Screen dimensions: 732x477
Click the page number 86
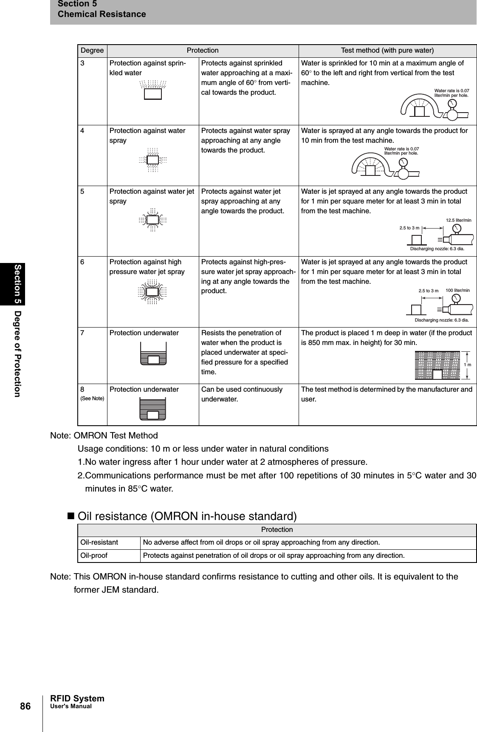pyautogui.click(x=25, y=707)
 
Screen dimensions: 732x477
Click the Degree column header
pyautogui.click(x=92, y=51)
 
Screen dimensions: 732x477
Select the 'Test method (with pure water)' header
pyautogui.click(x=387, y=51)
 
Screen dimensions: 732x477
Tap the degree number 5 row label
pyautogui.click(x=84, y=192)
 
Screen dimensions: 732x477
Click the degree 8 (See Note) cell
pyautogui.click(x=92, y=393)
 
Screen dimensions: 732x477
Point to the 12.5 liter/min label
pyautogui.click(x=458, y=220)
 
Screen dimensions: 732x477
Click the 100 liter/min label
pyautogui.click(x=457, y=290)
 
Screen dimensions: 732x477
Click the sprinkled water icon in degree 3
pyautogui.click(x=152, y=90)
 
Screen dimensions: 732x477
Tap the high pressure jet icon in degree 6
pyautogui.click(x=152, y=292)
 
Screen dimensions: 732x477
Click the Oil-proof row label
pyautogui.click(x=94, y=556)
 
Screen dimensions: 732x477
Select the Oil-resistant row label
pyautogui.click(x=99, y=543)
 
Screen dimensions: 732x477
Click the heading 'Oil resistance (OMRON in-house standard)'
pyautogui.click(x=187, y=516)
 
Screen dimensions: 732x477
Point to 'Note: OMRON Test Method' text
pyautogui.click(x=104, y=435)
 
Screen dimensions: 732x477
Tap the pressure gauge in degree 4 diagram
pyautogui.click(x=404, y=163)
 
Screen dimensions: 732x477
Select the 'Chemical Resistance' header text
pyautogui.click(x=102, y=14)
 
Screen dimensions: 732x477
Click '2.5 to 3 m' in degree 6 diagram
pyautogui.click(x=428, y=291)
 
